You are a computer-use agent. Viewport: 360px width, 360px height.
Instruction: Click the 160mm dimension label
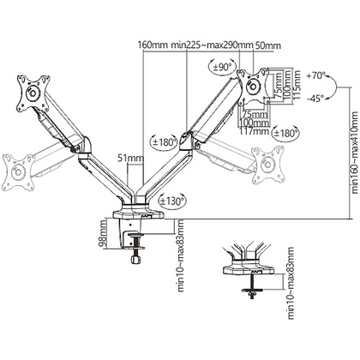[153, 45]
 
